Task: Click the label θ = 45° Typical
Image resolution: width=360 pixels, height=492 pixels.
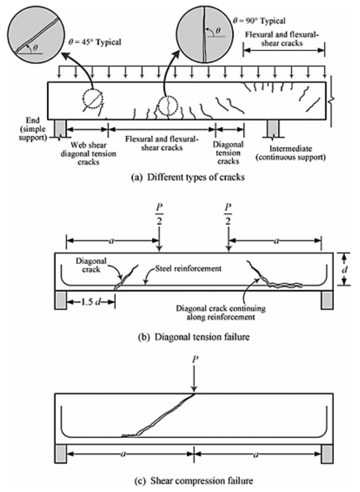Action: point(95,42)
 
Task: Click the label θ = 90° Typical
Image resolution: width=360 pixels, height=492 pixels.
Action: point(259,21)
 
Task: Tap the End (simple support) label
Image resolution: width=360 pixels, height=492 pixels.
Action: point(32,129)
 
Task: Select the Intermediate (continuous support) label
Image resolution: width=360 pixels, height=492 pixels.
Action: point(290,153)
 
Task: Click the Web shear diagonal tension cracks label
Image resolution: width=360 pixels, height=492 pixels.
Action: point(88,153)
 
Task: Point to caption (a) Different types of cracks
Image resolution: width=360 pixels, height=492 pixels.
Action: point(188,177)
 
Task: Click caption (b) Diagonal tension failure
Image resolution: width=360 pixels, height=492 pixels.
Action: point(193,337)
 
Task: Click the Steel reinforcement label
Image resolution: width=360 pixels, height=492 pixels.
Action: point(188,268)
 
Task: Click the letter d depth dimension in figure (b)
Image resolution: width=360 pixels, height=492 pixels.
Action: point(345,269)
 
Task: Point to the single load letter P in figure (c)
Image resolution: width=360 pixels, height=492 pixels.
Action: point(195,359)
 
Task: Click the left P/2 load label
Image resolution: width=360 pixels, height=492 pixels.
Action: point(159,214)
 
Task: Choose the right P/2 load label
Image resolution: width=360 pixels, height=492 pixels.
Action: point(228,214)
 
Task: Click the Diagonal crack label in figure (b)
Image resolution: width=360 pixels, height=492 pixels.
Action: point(91,265)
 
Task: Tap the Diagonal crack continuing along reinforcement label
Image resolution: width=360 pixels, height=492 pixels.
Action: point(221,312)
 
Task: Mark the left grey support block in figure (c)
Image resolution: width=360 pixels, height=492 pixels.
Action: point(61,454)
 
